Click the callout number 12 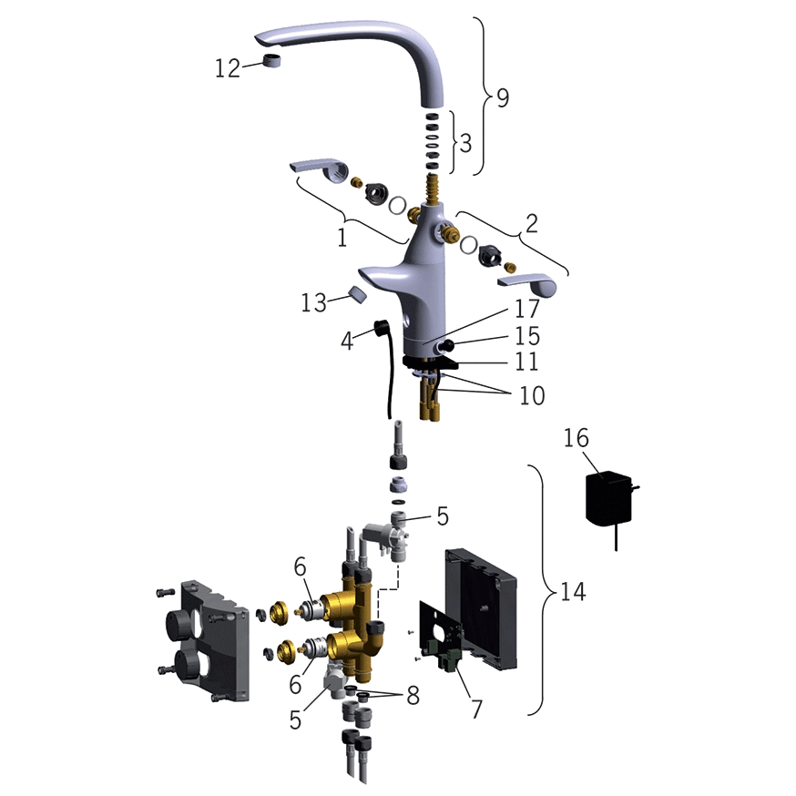(x=227, y=68)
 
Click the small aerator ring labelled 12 (x=272, y=60)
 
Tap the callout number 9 (x=503, y=97)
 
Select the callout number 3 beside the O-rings (x=465, y=143)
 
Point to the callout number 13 (x=313, y=303)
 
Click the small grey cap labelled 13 (x=358, y=294)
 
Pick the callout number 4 (x=347, y=342)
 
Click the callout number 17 (x=526, y=309)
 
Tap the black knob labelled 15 (x=447, y=346)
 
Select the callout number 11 (x=526, y=362)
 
